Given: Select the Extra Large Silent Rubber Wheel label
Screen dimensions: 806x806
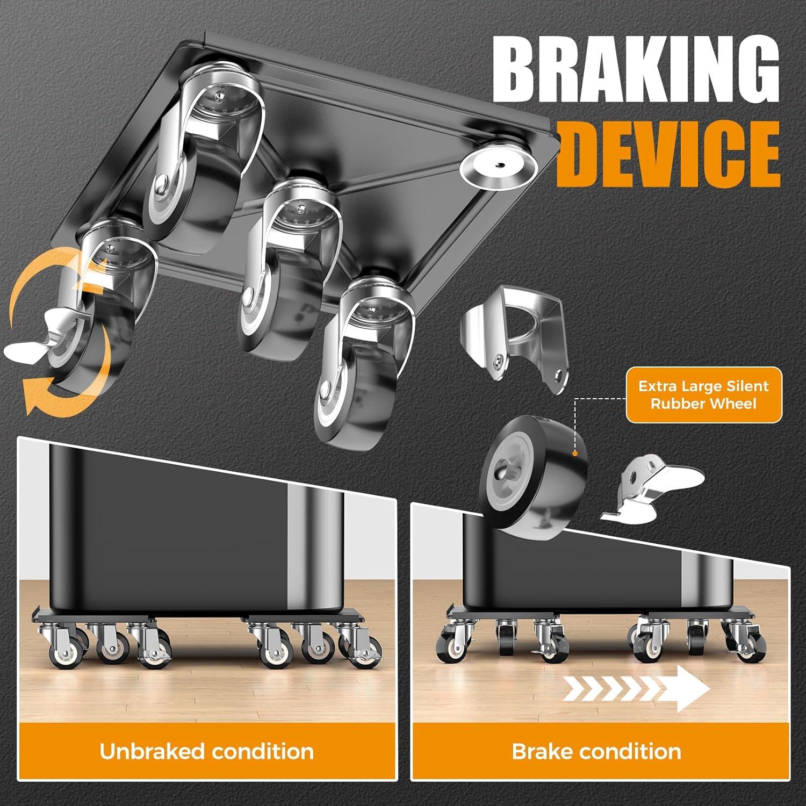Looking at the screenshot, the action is (703, 395).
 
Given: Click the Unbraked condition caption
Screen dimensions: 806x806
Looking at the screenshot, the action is (207, 751).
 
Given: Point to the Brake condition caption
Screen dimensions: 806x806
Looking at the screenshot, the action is (596, 751).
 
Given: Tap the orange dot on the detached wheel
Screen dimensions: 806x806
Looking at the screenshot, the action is (575, 454).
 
